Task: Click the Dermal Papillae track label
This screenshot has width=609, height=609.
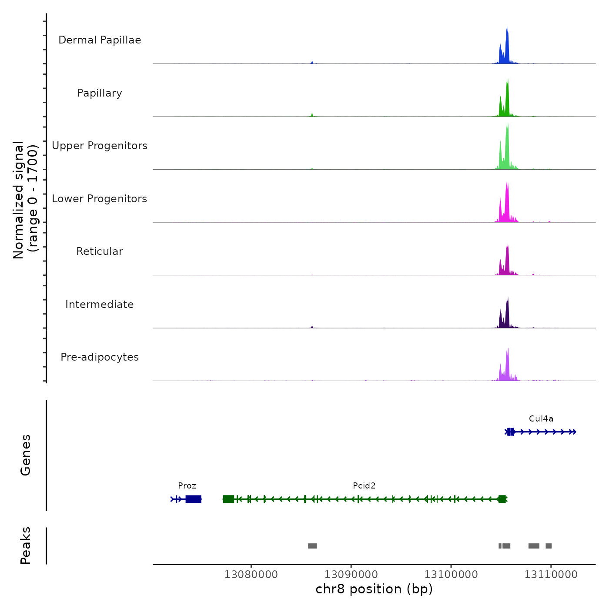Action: (x=100, y=40)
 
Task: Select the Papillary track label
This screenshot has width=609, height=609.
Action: (x=100, y=93)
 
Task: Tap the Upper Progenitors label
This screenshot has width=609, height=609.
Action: (x=100, y=146)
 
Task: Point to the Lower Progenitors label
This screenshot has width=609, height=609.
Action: (x=100, y=199)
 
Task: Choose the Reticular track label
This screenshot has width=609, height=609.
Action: (x=100, y=251)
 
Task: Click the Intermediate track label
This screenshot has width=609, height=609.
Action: (x=100, y=304)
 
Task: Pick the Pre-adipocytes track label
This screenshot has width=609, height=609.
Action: (x=100, y=357)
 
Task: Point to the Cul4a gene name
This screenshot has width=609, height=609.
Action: (x=541, y=419)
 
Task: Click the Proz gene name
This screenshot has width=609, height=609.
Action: (x=187, y=486)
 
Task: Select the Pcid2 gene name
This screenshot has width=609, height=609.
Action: (x=364, y=486)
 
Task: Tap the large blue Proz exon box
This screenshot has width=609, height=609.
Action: (x=194, y=499)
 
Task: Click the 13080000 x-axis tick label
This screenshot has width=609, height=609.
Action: (x=251, y=575)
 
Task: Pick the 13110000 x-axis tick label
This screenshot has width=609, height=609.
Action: (x=551, y=575)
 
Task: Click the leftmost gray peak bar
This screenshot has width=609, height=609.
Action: (x=312, y=546)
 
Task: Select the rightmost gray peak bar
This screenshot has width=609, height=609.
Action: (x=549, y=546)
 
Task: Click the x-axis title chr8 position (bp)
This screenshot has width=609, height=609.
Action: (x=374, y=589)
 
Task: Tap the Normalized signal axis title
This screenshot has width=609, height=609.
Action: (x=25, y=200)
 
